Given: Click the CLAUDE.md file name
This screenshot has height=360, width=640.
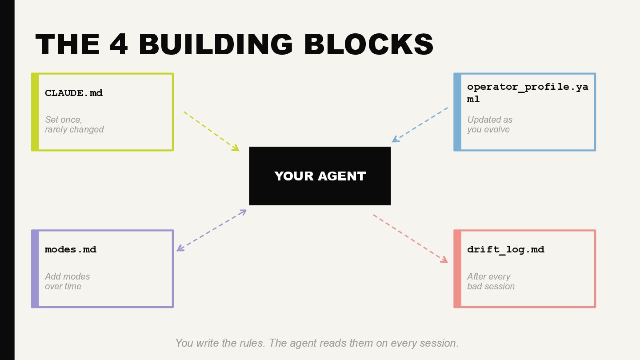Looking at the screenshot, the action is [74, 93].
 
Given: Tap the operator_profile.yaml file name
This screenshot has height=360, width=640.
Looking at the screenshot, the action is [527, 92].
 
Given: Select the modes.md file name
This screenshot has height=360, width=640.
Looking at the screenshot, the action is [71, 249].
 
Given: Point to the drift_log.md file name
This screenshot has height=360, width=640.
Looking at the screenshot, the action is [505, 249].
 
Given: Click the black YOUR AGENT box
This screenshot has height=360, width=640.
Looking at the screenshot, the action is [320, 176].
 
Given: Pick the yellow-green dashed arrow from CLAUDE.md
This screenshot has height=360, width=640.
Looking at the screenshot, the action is [211, 131].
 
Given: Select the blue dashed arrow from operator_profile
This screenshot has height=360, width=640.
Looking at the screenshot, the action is [420, 124].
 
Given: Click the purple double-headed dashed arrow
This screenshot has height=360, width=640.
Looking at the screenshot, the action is [212, 230].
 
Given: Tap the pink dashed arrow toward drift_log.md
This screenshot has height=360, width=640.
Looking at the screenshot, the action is [410, 238].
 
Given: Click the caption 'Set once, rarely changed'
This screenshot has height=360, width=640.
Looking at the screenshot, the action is [74, 124].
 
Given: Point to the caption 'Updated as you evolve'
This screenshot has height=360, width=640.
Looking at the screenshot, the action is [489, 124].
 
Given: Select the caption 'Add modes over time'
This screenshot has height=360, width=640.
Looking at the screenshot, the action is [67, 281].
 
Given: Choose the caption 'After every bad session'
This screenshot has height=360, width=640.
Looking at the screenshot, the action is [491, 281].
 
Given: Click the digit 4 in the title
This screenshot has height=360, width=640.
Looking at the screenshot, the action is [119, 44].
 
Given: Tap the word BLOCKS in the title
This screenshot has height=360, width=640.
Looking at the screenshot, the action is [368, 44].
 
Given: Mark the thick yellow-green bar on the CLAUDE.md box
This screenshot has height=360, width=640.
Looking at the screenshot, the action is [35, 112].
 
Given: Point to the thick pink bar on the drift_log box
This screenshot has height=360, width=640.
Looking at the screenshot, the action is [457, 269].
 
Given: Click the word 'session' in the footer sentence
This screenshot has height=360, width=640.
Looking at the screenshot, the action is [440, 343].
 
